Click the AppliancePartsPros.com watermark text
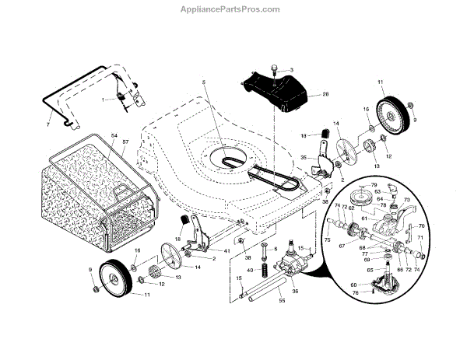click(x=233, y=9)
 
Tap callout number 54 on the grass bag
click(x=114, y=137)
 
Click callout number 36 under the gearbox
click(x=295, y=292)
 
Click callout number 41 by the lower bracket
click(x=226, y=250)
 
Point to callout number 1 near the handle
click(x=102, y=100)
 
